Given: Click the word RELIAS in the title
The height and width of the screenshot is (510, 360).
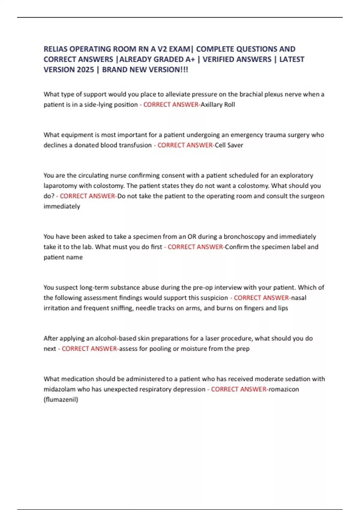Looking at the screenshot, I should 55,49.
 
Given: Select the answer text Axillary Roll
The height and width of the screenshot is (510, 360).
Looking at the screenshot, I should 217,105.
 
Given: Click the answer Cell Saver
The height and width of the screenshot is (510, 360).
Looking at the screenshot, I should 229,145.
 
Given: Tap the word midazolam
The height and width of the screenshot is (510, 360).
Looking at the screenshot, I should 59,389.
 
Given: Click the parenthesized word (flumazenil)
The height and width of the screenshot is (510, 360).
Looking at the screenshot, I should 61,400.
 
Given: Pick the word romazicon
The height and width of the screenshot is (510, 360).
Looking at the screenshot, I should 284,389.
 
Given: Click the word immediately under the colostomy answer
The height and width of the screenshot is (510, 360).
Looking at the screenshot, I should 62,206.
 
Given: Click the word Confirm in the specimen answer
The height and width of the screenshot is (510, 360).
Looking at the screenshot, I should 237,247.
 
